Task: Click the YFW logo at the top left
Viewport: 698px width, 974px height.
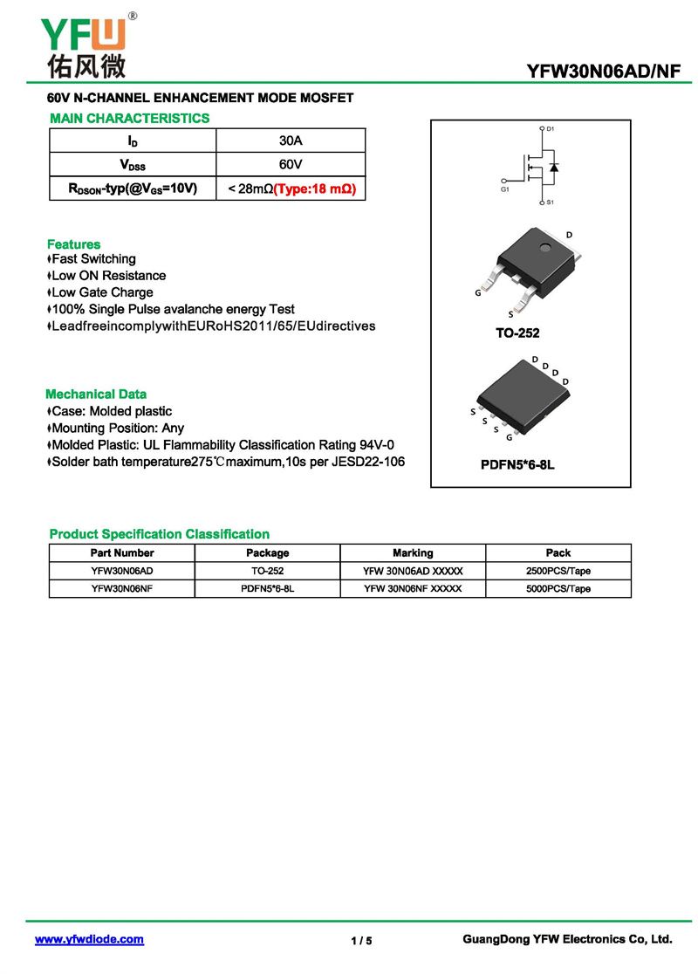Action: click(x=84, y=44)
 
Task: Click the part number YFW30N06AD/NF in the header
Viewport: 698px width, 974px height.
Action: click(x=603, y=72)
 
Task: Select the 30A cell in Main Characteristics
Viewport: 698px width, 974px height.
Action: click(x=291, y=141)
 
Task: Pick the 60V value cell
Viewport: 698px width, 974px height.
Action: click(x=291, y=164)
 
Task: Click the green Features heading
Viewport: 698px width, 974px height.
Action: click(x=73, y=244)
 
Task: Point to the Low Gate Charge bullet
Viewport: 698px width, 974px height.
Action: click(x=101, y=292)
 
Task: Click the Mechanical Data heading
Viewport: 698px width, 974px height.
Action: click(x=96, y=394)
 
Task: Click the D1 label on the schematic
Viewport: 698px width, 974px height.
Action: click(x=551, y=129)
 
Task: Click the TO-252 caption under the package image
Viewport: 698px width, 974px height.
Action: click(x=517, y=333)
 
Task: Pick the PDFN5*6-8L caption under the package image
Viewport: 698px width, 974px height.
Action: click(x=517, y=465)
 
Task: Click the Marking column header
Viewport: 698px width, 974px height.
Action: click(x=413, y=552)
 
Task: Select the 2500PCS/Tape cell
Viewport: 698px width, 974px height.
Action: click(x=558, y=571)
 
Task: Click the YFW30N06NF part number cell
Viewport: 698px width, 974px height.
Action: click(x=122, y=588)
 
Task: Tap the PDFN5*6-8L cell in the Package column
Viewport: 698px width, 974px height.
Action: click(x=267, y=588)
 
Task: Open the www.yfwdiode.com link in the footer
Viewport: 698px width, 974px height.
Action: click(x=89, y=939)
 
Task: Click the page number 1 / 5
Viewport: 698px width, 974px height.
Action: click(x=361, y=940)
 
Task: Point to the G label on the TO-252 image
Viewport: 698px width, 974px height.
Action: click(x=478, y=293)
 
